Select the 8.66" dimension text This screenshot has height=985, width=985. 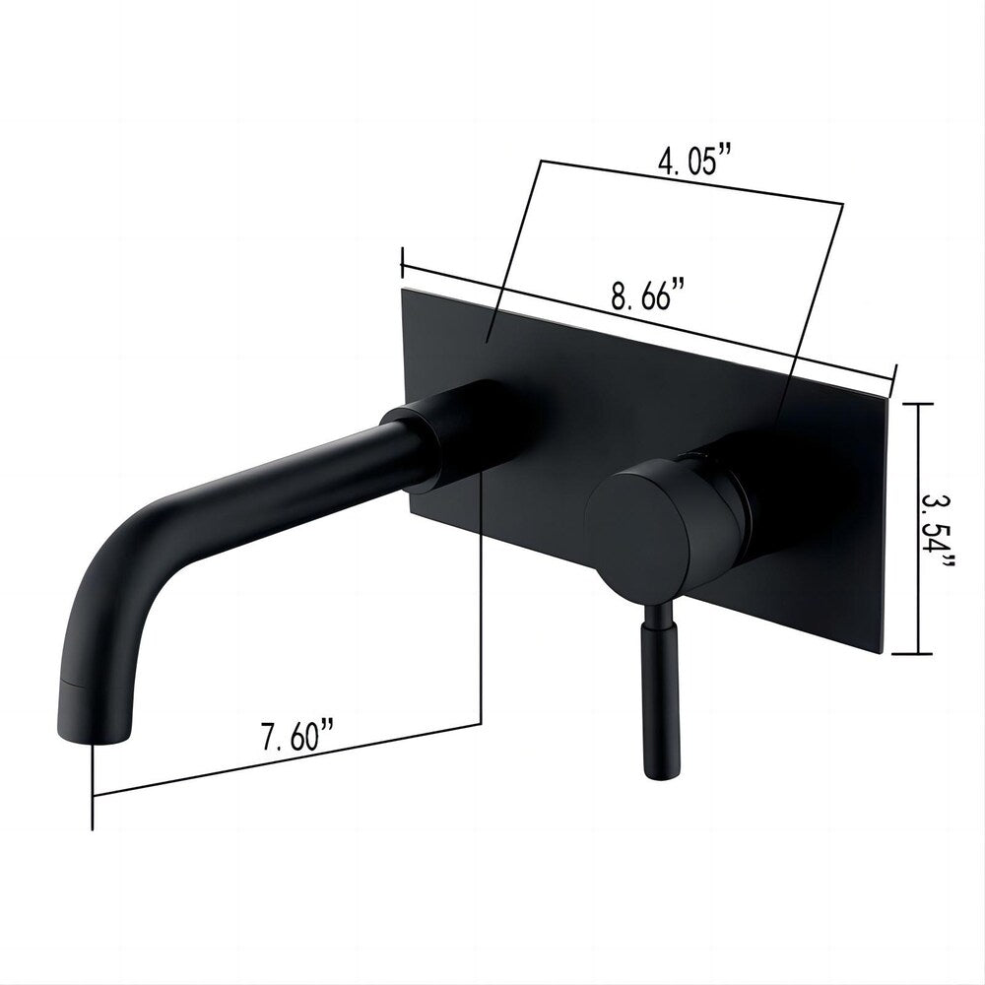coord(647,295)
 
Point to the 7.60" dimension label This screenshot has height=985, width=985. coord(297,737)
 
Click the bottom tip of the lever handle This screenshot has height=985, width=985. coord(658,774)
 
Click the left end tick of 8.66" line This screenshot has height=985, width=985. coord(403,262)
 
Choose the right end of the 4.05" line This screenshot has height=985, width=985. coord(842,205)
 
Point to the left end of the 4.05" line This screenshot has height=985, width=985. coord(538,161)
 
